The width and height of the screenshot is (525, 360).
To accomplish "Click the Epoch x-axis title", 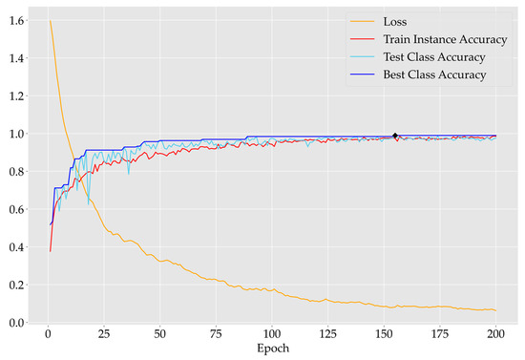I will click(x=271, y=349).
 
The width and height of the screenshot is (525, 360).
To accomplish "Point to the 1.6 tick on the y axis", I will click(x=16, y=21).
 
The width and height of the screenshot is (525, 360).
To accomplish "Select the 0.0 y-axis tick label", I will click(x=16, y=324).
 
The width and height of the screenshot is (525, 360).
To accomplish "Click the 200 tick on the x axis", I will click(x=495, y=335).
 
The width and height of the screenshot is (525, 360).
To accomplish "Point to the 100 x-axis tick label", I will click(x=271, y=335).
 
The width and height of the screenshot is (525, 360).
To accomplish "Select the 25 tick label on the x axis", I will click(x=103, y=335).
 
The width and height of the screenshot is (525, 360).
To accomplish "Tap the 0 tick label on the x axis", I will click(x=48, y=335).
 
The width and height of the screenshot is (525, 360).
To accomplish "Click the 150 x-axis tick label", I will click(x=383, y=335).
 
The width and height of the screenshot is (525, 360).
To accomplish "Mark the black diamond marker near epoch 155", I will click(x=395, y=136).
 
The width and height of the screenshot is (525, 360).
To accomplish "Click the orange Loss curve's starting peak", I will click(x=50, y=21).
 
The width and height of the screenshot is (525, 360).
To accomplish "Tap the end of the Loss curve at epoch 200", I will click(x=495, y=310).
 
